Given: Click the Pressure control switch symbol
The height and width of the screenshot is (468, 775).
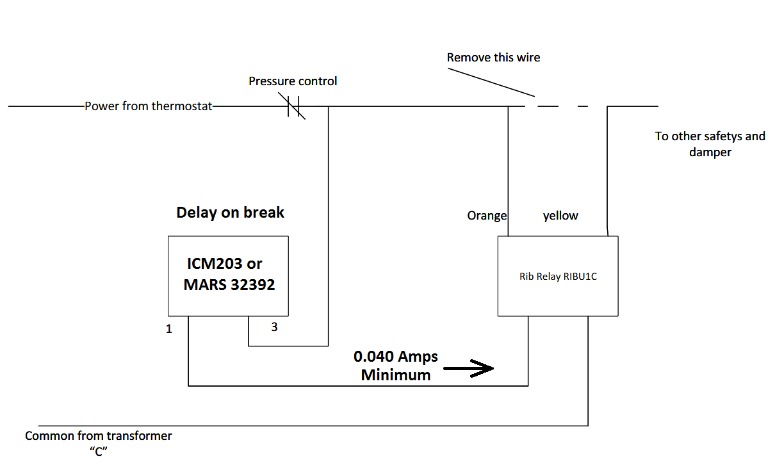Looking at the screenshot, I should (295, 107).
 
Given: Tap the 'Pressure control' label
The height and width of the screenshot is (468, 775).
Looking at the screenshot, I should (293, 81).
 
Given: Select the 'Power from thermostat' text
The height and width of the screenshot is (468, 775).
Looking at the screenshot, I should (148, 106).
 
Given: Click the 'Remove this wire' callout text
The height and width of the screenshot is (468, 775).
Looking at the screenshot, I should (493, 58).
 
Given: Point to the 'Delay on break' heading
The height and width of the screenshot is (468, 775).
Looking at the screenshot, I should (230, 213).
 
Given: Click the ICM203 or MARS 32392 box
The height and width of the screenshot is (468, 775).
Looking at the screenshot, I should (228, 275).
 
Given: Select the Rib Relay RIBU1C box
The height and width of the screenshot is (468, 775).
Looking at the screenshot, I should (558, 276).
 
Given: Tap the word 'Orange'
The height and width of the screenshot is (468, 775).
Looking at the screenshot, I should (487, 216).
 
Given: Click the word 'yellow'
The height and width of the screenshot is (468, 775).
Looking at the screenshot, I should (560, 216).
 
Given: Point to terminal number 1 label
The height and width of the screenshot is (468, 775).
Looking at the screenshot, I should (169, 330).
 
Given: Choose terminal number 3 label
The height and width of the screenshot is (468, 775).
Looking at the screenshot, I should (274, 327).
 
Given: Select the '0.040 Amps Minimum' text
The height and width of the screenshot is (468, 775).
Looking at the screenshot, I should (396, 366).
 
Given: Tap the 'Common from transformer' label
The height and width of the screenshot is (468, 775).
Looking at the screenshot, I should (99, 436).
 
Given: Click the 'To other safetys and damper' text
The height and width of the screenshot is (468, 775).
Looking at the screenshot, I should (710, 144).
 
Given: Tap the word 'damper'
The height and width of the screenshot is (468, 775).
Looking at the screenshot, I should (710, 152).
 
